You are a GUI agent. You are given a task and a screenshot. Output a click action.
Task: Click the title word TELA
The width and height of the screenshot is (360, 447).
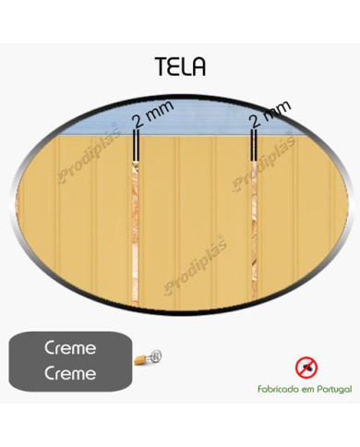(181, 67)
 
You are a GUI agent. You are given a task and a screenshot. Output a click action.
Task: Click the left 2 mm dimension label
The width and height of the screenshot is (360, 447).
(150, 118)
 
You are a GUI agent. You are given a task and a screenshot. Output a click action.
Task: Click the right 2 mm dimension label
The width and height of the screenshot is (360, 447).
(270, 113)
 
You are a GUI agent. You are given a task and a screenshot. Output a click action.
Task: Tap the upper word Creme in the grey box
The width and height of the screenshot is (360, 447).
(71, 350)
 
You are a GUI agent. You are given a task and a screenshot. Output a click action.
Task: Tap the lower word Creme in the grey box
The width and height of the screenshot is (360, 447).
(71, 373)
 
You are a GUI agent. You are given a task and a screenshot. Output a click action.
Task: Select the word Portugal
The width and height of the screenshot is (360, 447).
(331, 390)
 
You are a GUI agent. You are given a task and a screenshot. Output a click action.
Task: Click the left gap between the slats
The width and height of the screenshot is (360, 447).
(137, 222)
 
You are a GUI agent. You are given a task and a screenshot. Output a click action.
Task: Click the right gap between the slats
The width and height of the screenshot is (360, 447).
(253, 222)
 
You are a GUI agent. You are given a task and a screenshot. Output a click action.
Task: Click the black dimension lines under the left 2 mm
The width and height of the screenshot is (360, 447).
(137, 147)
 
